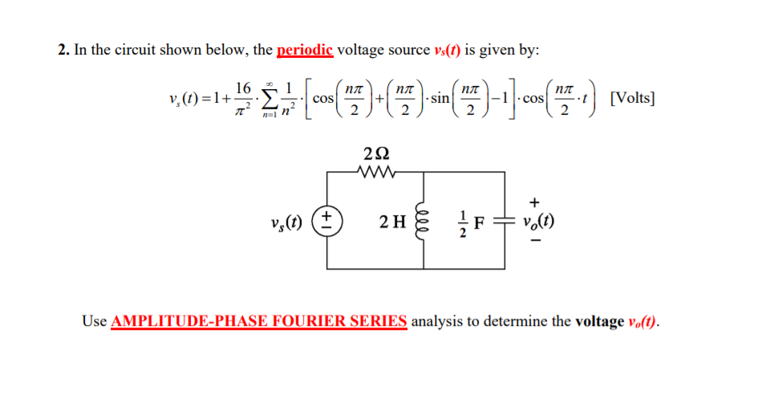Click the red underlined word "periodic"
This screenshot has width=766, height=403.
point(305,51)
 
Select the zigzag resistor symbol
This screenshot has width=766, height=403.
point(376,171)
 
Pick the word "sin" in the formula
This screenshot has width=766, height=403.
point(439,99)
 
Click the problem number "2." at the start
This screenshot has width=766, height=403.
point(64,51)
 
